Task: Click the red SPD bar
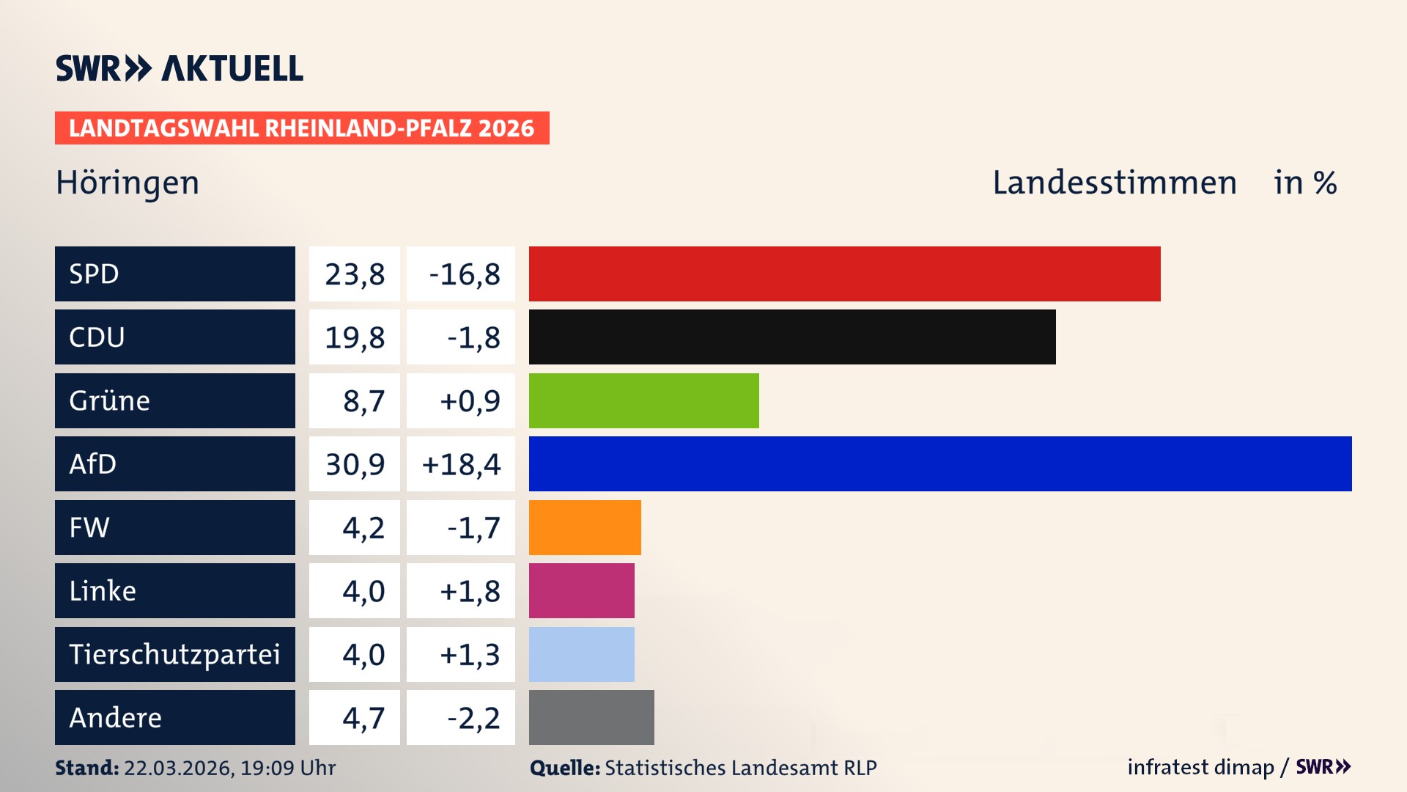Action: (844, 274)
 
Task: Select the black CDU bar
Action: (792, 337)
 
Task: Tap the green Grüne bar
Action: (643, 400)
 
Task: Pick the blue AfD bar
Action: (940, 463)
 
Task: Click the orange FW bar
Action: (585, 527)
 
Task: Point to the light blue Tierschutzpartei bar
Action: (581, 654)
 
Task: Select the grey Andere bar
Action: (591, 717)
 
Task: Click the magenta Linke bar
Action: (581, 590)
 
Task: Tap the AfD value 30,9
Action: (355, 464)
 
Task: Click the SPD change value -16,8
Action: (464, 274)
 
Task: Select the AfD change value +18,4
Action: (461, 464)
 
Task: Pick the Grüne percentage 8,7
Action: (363, 401)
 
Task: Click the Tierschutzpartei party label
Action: (174, 654)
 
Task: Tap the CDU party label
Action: (97, 337)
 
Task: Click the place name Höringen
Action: (128, 183)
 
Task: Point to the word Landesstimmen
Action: (1114, 183)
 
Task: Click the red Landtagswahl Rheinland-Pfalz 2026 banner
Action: (302, 128)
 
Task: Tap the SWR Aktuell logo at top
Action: (180, 68)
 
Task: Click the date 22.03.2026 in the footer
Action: (178, 768)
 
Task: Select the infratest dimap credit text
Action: (1200, 767)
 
